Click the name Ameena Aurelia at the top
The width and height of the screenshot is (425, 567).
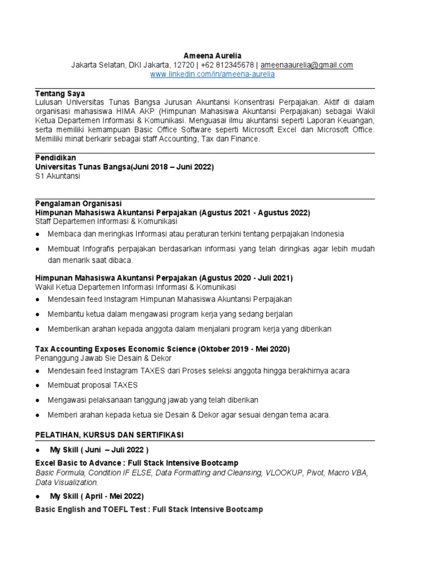click(x=212, y=56)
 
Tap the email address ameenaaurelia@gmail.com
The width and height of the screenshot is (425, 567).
click(x=307, y=65)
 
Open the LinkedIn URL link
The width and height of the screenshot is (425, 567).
click(x=212, y=74)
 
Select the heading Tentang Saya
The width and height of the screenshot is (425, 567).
click(x=60, y=94)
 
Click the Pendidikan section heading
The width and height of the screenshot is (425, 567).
click(x=56, y=158)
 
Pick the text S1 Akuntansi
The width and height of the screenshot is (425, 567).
click(x=58, y=176)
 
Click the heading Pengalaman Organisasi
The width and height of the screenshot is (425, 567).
click(x=79, y=203)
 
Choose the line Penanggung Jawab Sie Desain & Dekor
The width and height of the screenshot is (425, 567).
click(x=103, y=358)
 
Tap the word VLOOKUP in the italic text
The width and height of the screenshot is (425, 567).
click(x=286, y=473)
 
